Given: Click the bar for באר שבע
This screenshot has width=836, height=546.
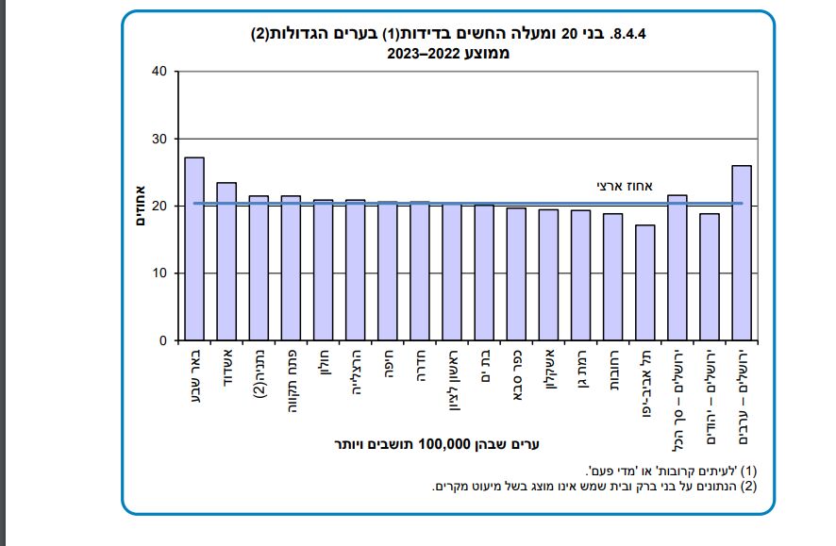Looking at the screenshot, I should pyautogui.click(x=194, y=249).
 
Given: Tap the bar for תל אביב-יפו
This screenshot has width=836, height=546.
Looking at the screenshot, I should pyautogui.click(x=644, y=283).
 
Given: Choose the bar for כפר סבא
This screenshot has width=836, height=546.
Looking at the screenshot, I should pyautogui.click(x=516, y=274).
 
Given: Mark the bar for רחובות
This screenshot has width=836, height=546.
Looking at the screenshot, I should pyautogui.click(x=612, y=277).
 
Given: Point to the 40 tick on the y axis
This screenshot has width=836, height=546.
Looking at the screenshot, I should pyautogui.click(x=158, y=72).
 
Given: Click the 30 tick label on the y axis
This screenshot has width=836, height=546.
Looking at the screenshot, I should pyautogui.click(x=158, y=140).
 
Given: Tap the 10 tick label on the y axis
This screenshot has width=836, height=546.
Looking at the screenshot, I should pyautogui.click(x=158, y=273).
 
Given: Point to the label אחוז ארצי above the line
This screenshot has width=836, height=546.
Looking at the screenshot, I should pyautogui.click(x=624, y=186).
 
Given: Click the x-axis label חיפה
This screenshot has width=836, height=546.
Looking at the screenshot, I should pyautogui.click(x=388, y=362).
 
